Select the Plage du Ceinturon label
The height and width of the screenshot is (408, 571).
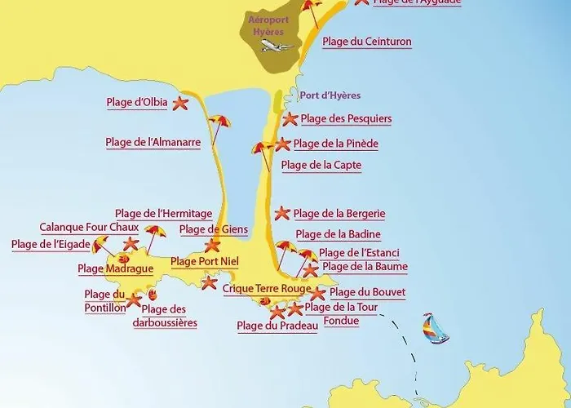tap(366, 42)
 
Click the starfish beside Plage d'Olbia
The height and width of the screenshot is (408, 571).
tap(180, 103)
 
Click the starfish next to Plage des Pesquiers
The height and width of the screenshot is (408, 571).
tap(290, 119)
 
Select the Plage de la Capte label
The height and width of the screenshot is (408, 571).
tap(321, 165)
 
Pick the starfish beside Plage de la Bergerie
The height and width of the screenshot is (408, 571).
tap(282, 214)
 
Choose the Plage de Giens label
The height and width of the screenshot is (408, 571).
tap(213, 229)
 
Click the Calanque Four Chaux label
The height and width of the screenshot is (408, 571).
tap(90, 228)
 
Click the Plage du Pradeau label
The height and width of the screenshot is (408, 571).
tap(277, 326)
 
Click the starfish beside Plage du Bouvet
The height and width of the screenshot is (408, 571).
tap(319, 293)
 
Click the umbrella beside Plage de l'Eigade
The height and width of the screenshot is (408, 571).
tap(101, 243)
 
